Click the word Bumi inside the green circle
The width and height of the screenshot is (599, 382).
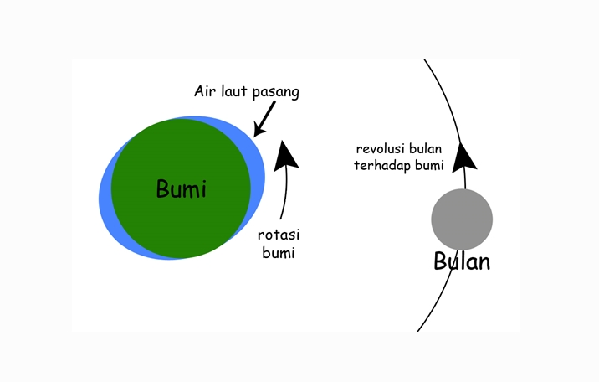(181, 188)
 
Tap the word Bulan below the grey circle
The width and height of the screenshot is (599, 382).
(462, 261)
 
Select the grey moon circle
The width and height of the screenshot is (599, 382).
(462, 219)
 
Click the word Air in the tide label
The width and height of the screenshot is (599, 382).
(207, 90)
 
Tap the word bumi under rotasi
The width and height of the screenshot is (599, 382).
(279, 253)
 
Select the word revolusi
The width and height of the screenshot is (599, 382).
(381, 149)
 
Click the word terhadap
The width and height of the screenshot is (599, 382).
(381, 166)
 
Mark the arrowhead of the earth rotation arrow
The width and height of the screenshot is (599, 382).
(287, 153)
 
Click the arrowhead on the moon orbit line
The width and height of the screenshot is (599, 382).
(463, 155)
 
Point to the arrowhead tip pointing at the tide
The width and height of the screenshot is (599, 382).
(255, 133)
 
